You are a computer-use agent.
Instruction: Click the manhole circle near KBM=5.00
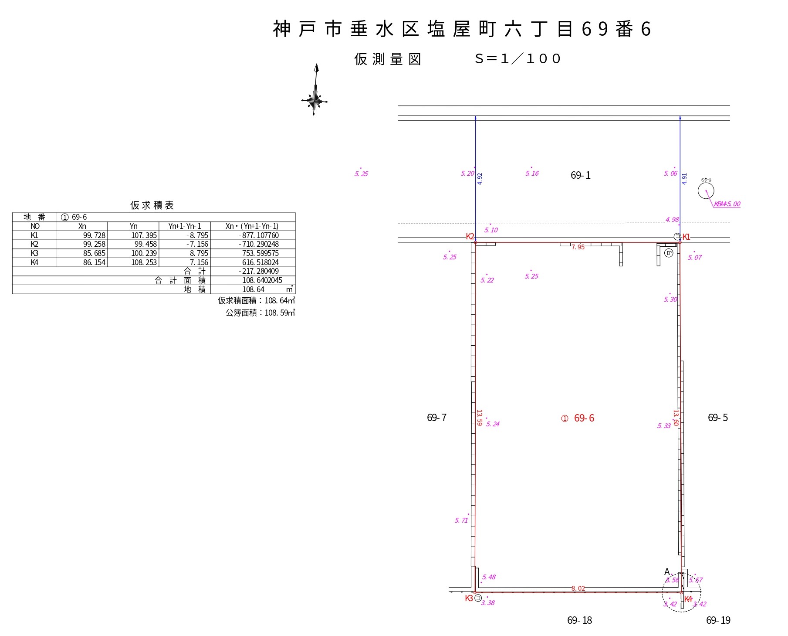point(706,190)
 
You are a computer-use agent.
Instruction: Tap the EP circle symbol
point(669,253)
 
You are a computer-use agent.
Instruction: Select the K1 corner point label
point(686,237)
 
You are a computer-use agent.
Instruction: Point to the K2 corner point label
point(470,236)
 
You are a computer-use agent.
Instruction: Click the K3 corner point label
point(469,598)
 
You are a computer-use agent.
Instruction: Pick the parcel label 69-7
point(436,418)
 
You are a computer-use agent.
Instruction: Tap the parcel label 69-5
point(717,418)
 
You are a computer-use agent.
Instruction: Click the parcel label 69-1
point(580,175)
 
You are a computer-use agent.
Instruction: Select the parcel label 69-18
point(579,620)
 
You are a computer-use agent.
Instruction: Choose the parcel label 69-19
point(718,620)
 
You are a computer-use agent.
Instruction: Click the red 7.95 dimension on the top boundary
point(578,247)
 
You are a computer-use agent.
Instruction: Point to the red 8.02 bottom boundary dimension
point(578,588)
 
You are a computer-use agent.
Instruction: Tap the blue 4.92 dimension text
point(480,179)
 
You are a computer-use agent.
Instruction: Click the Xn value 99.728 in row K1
point(94,235)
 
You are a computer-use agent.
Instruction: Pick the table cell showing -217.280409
point(259,271)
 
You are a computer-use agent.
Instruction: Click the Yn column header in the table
point(133,226)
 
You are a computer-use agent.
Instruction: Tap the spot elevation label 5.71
point(461,520)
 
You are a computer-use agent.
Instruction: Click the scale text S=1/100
point(517,59)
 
